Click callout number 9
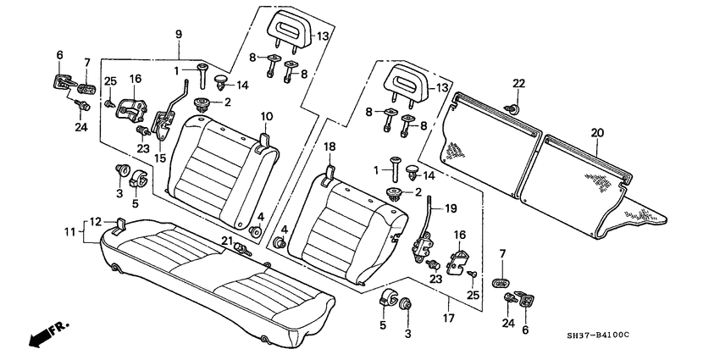(178, 35)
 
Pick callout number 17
(446, 297)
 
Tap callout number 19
(451, 208)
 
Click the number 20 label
(599, 132)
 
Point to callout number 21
(228, 241)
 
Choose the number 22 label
(519, 82)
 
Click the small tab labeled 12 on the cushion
(119, 224)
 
